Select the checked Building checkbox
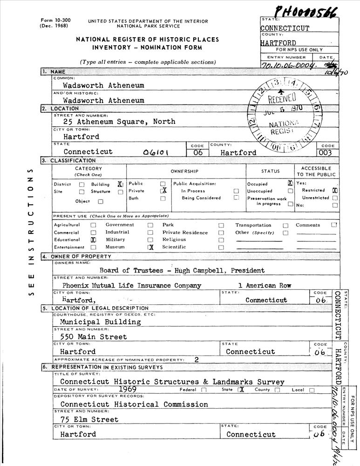120,184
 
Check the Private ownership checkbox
163,191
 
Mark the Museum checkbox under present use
150,247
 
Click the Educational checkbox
93,240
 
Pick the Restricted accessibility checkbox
335,191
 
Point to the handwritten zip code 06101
156,152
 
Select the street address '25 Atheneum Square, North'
119,122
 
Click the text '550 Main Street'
93,336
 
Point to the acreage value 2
197,359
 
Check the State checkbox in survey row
241,390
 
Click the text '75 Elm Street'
89,419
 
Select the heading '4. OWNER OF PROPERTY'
77,256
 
